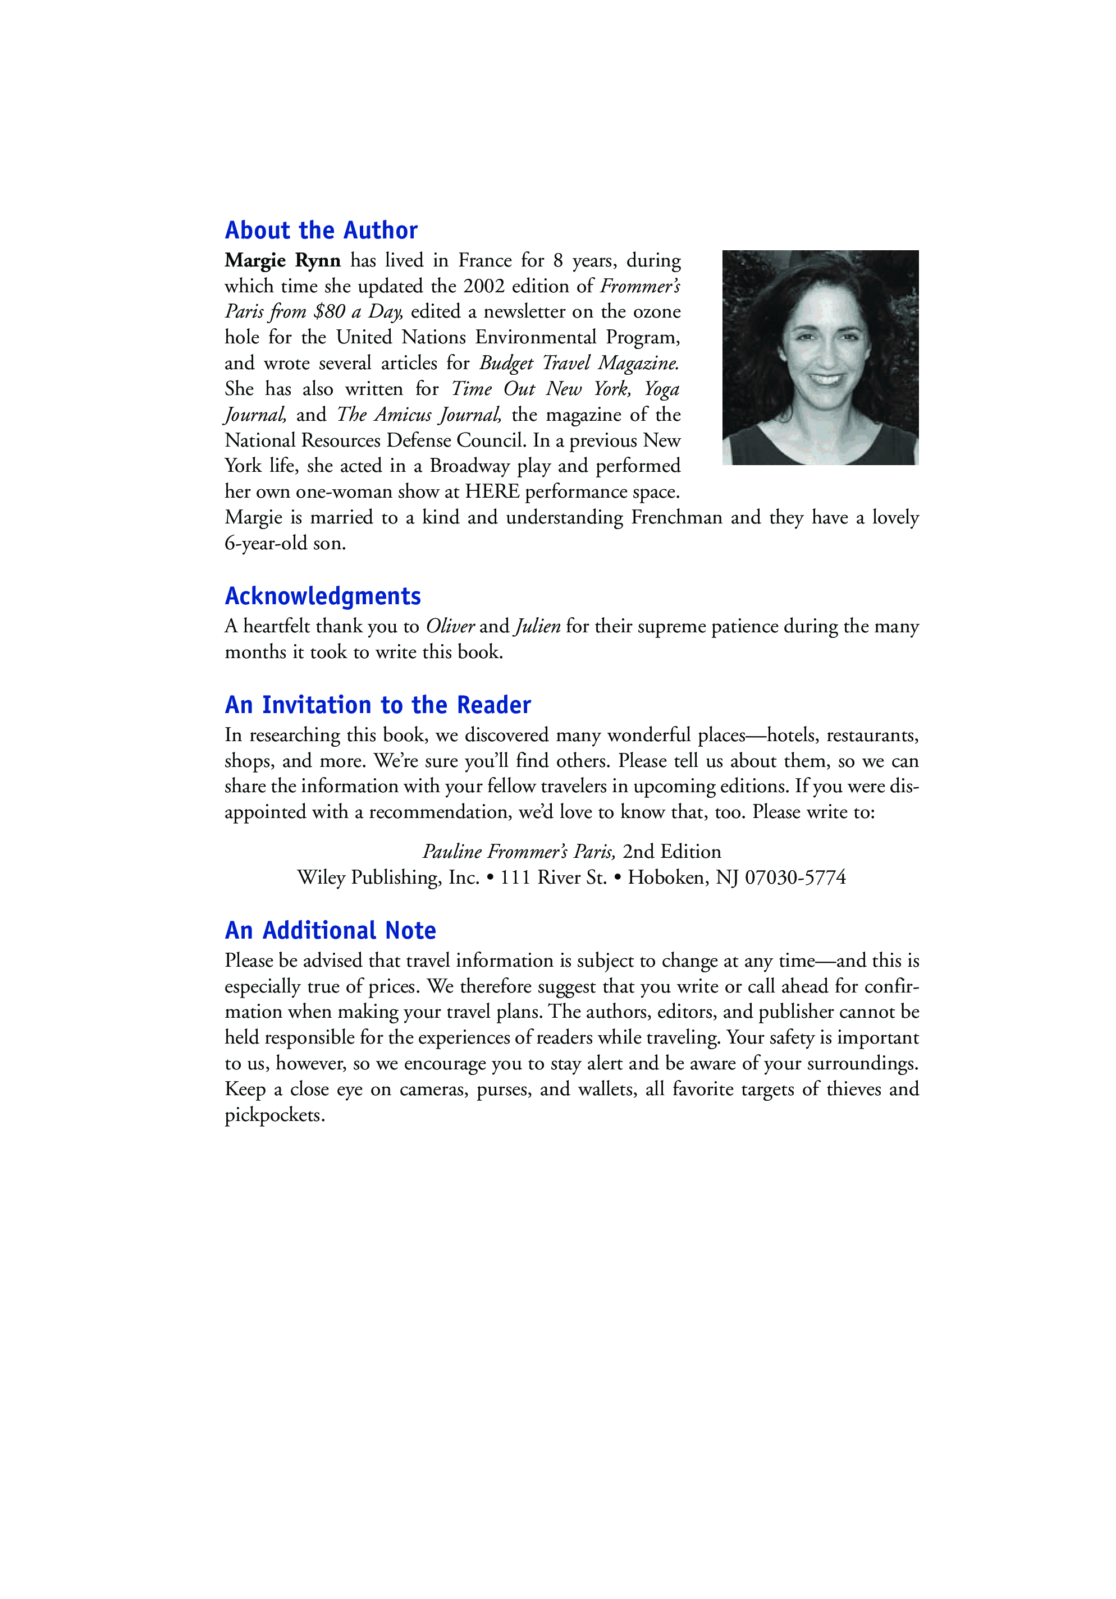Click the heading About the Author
click(x=321, y=231)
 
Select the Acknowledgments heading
click(x=323, y=596)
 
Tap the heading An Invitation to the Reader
click(x=378, y=705)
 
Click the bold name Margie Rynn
click(x=282, y=260)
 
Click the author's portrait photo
click(x=820, y=357)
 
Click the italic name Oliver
click(x=450, y=626)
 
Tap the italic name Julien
click(x=537, y=626)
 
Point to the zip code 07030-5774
click(x=795, y=877)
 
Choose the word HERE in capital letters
click(x=492, y=491)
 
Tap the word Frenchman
click(x=676, y=517)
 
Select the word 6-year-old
click(x=266, y=543)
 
